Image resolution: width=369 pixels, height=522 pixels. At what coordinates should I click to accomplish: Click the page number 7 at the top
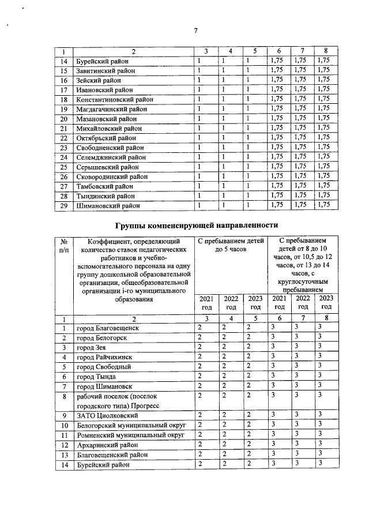(x=195, y=31)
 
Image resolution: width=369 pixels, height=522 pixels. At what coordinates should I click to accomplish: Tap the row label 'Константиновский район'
(x=115, y=99)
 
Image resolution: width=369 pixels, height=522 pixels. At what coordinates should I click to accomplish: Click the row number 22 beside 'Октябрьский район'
(x=64, y=138)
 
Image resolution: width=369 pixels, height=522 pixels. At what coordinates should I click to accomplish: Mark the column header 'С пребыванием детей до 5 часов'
(x=231, y=245)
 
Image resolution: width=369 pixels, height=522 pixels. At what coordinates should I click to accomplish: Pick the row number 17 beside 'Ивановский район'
(x=64, y=90)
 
